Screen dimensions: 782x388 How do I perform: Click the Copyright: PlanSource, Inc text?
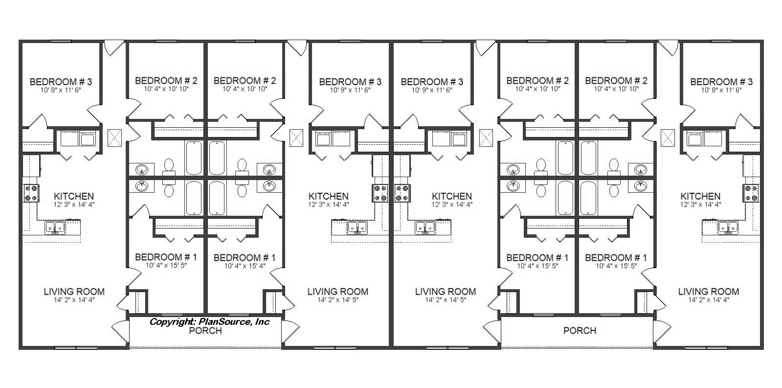[x=209, y=321]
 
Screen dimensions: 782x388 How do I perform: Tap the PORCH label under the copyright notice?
[x=205, y=331]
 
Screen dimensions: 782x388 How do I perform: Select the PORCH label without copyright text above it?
[x=580, y=331]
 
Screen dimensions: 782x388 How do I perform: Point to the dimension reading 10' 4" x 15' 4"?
[x=245, y=266]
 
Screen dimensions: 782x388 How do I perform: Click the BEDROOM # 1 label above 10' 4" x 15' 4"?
[x=245, y=258]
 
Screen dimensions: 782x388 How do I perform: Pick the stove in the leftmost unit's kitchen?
[x=31, y=193]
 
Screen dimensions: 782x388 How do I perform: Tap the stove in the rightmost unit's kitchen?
[x=751, y=193]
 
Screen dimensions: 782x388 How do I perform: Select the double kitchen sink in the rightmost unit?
[x=728, y=228]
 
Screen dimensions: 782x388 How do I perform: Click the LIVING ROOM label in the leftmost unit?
[x=74, y=292]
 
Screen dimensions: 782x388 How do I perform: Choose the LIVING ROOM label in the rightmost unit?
[x=709, y=292]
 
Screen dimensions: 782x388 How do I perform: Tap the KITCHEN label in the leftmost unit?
[x=74, y=196]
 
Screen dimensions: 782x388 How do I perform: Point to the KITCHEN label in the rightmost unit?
[x=700, y=196]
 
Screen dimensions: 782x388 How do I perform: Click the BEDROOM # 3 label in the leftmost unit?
[x=61, y=82]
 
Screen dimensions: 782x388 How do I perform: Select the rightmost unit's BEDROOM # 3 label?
[x=721, y=82]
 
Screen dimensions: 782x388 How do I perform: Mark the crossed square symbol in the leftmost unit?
[x=114, y=137]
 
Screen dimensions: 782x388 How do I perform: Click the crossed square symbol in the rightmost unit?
[x=668, y=137]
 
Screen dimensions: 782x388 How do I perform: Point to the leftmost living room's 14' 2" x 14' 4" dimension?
[x=74, y=299]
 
